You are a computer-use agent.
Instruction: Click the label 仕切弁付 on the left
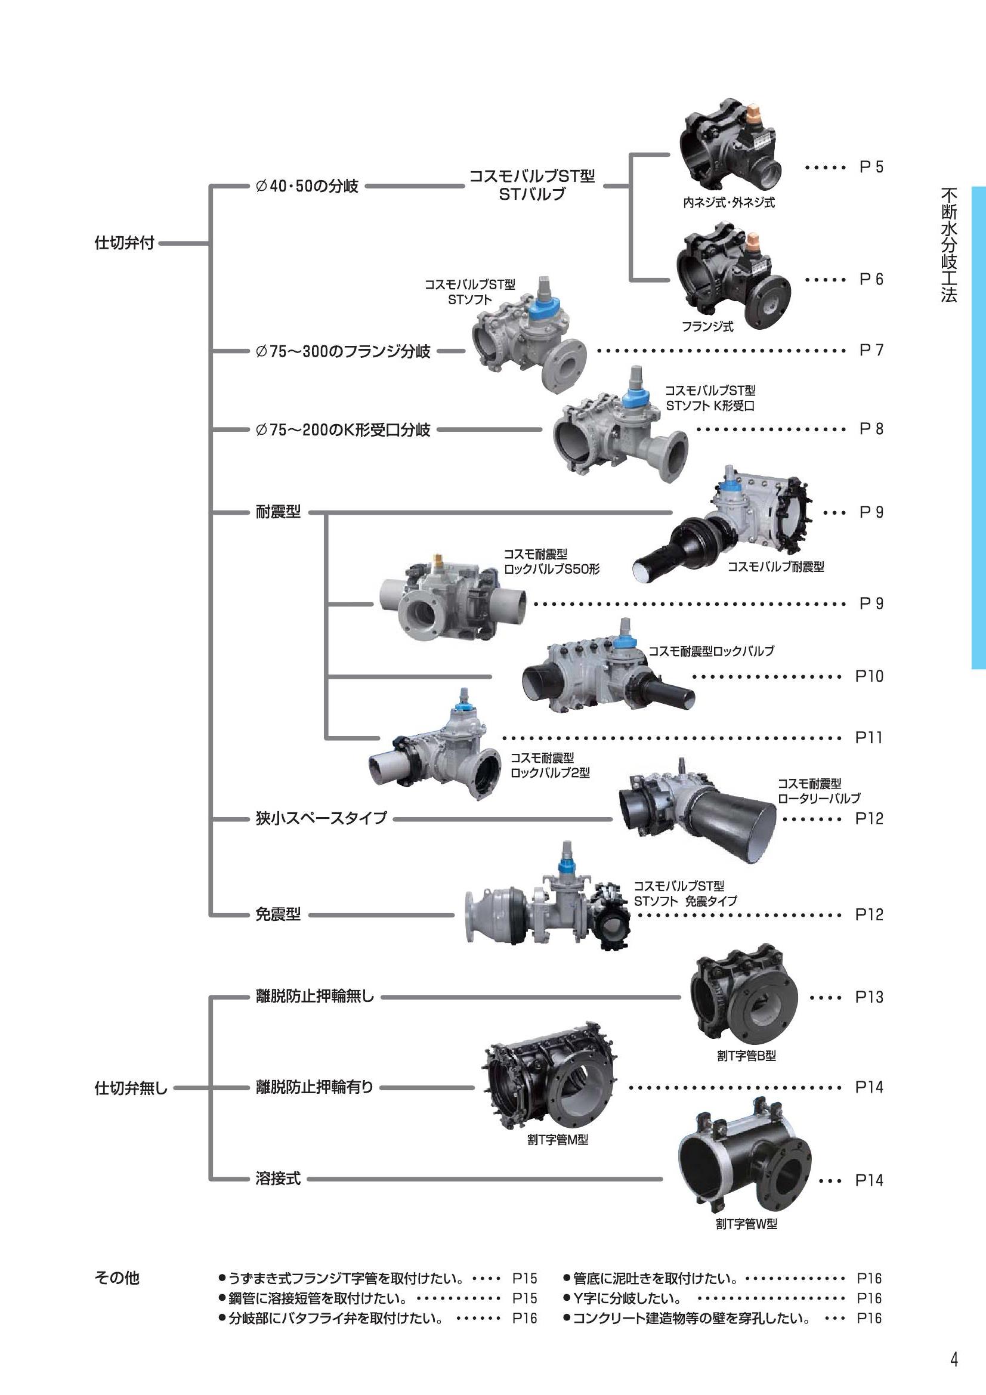(124, 243)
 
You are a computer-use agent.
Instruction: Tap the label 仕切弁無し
(131, 1088)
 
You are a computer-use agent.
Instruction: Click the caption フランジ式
(707, 327)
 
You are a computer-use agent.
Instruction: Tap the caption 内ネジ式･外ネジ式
(728, 203)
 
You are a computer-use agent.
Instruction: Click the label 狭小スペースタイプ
(321, 818)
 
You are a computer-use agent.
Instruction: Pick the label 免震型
(277, 914)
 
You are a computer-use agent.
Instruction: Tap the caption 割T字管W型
(746, 1224)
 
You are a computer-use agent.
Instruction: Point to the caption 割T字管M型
(557, 1140)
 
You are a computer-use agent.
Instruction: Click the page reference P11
(868, 738)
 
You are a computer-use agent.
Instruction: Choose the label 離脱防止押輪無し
(315, 997)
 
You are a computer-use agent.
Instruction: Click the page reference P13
(868, 997)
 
